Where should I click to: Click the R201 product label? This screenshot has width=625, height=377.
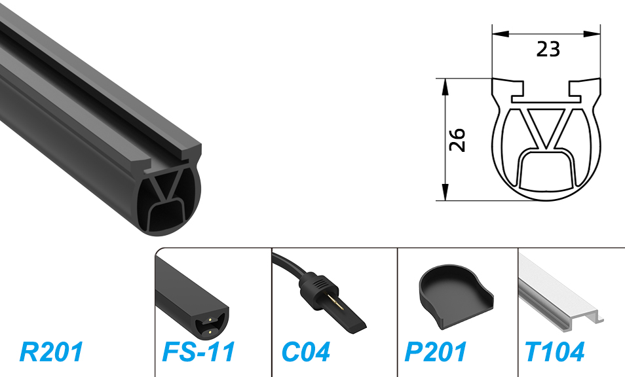[51, 351]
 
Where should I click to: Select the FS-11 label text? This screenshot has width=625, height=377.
[199, 351]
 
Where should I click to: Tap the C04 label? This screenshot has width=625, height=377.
[306, 351]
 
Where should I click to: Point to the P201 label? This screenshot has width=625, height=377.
[435, 351]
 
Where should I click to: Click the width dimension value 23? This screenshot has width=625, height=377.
[548, 49]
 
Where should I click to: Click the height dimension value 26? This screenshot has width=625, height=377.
[457, 139]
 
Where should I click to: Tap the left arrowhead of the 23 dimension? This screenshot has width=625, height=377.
[501, 34]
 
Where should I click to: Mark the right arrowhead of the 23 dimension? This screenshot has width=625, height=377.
[592, 34]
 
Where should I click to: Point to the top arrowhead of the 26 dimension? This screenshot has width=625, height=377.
[445, 87]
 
